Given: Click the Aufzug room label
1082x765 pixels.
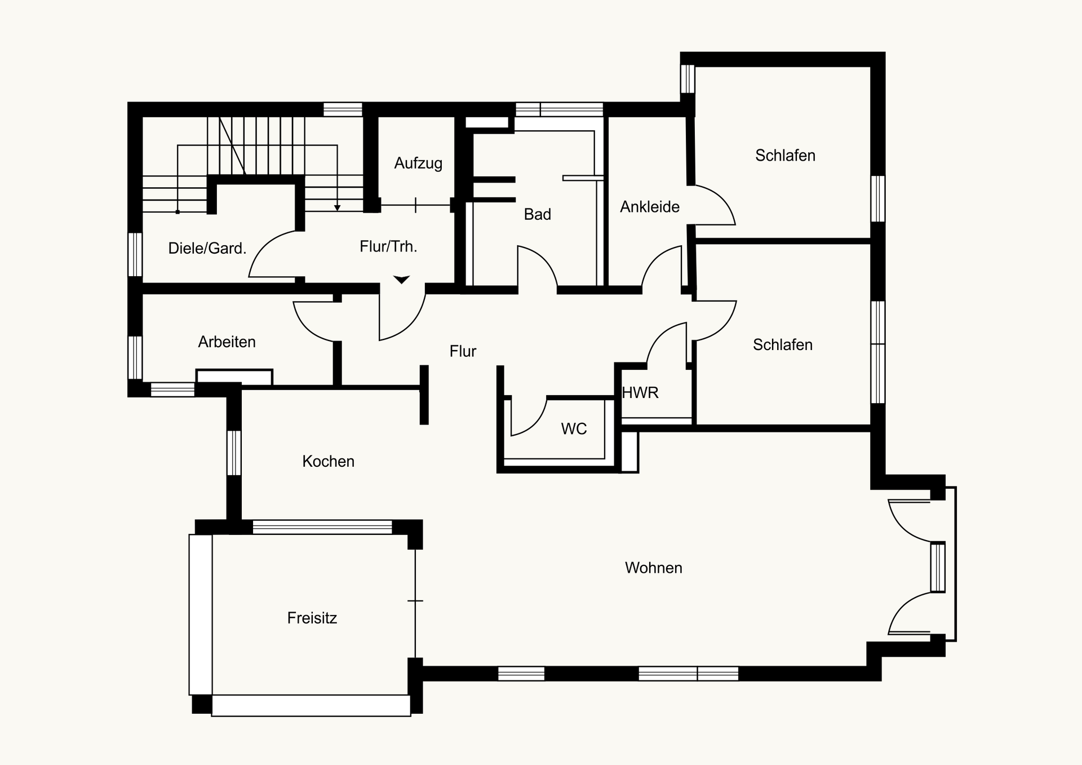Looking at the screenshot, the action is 418,163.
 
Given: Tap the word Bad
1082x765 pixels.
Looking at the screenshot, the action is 537,214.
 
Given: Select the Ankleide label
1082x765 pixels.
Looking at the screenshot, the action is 650,207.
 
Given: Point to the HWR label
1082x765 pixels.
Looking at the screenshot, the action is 640,392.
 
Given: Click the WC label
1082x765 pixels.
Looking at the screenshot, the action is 574,429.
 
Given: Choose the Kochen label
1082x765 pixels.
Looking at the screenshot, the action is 328,461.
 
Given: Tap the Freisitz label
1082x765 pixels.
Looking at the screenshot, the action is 312,618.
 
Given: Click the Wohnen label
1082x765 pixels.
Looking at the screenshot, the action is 654,568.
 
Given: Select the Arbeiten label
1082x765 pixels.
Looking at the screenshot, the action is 227,342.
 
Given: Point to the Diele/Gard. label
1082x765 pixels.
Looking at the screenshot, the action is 207,248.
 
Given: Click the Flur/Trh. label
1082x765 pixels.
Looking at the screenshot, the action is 388,246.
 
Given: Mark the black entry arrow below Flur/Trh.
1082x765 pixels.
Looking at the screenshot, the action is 401,280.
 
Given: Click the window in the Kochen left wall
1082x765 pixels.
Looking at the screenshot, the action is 234,453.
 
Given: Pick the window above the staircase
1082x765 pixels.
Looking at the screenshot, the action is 343,109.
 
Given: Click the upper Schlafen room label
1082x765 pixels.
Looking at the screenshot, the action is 785,156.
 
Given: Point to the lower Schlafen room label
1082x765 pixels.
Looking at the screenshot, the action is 783,345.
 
